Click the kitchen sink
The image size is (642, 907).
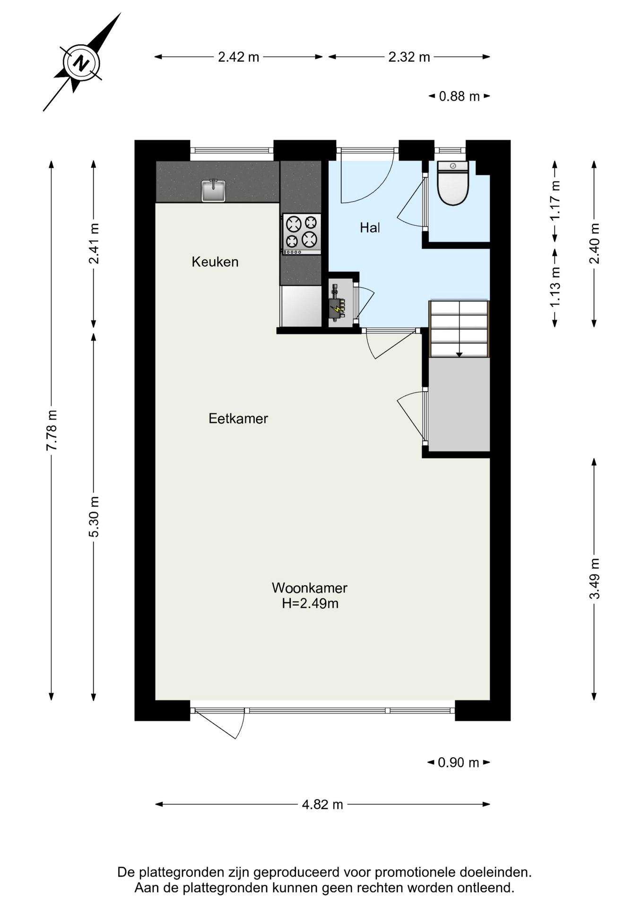click(213, 190)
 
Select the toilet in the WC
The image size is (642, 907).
click(453, 183)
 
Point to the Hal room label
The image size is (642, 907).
click(370, 228)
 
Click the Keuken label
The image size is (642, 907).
click(215, 262)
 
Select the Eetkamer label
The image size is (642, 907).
click(238, 419)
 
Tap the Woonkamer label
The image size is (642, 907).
click(310, 588)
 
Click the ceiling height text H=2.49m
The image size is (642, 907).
click(310, 603)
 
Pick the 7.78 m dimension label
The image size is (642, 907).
click(52, 430)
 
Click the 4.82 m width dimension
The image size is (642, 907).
click(322, 804)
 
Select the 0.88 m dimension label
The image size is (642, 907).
click(460, 96)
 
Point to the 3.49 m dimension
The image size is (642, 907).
click(594, 579)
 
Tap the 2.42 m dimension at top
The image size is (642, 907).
click(239, 57)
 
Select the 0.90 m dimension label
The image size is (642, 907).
click(459, 762)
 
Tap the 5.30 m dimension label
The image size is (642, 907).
click(94, 517)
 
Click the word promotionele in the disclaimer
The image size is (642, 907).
click(416, 872)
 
